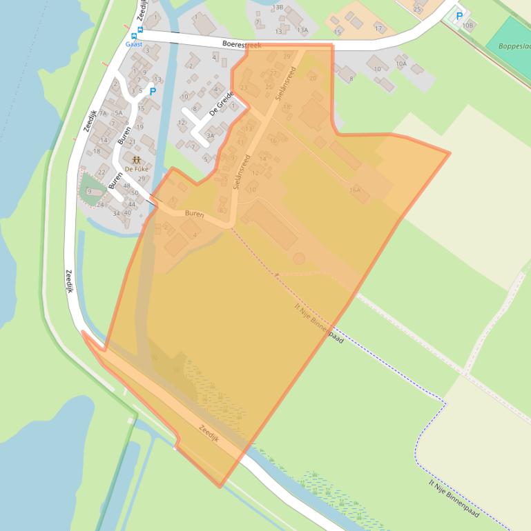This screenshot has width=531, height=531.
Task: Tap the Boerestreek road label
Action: coord(242,45)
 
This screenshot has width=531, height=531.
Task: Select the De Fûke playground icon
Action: coord(136,160)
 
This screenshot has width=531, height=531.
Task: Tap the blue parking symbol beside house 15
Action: coord(153,90)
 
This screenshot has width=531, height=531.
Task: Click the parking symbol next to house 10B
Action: coord(459,16)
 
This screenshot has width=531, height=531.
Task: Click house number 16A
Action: coord(356,190)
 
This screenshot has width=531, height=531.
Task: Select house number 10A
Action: coord(401,63)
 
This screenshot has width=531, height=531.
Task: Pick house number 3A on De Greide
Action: coord(210,136)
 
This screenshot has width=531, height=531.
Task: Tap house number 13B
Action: coord(278,6)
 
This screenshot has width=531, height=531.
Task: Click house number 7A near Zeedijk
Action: coord(103,113)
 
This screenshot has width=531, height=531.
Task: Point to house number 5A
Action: coord(118,113)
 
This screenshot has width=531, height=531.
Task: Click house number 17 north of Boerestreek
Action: coord(378,28)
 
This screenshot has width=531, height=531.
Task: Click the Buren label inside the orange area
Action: coord(194,214)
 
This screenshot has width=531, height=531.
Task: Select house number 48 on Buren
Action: coord(126,186)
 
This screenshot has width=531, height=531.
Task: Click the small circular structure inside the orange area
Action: coord(299,259)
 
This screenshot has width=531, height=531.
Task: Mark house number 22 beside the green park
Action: coord(102,172)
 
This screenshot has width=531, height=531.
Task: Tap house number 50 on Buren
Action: coord(135,193)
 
